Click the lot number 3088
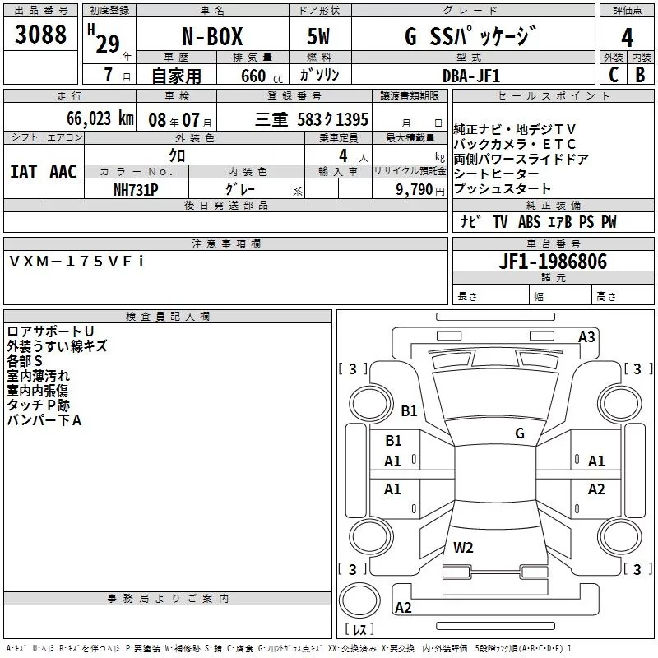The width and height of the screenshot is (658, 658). pyautogui.click(x=41, y=35)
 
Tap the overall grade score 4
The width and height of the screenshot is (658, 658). pyautogui.click(x=628, y=37)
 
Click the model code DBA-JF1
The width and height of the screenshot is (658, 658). pyautogui.click(x=470, y=75)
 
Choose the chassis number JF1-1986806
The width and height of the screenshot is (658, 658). pyautogui.click(x=553, y=262)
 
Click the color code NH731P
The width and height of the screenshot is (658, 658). pyautogui.click(x=136, y=189)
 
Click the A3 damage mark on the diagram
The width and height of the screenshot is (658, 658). pyautogui.click(x=586, y=336)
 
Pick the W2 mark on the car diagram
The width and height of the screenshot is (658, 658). pyautogui.click(x=463, y=547)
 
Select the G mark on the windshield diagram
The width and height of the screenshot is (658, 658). pyautogui.click(x=519, y=433)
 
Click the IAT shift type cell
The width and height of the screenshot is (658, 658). pyautogui.click(x=23, y=171)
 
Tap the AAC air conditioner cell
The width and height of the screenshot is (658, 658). pyautogui.click(x=63, y=171)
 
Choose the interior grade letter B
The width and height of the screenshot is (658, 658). pyautogui.click(x=640, y=74)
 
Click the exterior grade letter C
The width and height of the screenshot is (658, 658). pyautogui.click(x=614, y=74)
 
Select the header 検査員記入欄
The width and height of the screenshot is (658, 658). pyautogui.click(x=168, y=317)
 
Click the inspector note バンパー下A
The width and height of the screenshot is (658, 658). pyautogui.click(x=44, y=420)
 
